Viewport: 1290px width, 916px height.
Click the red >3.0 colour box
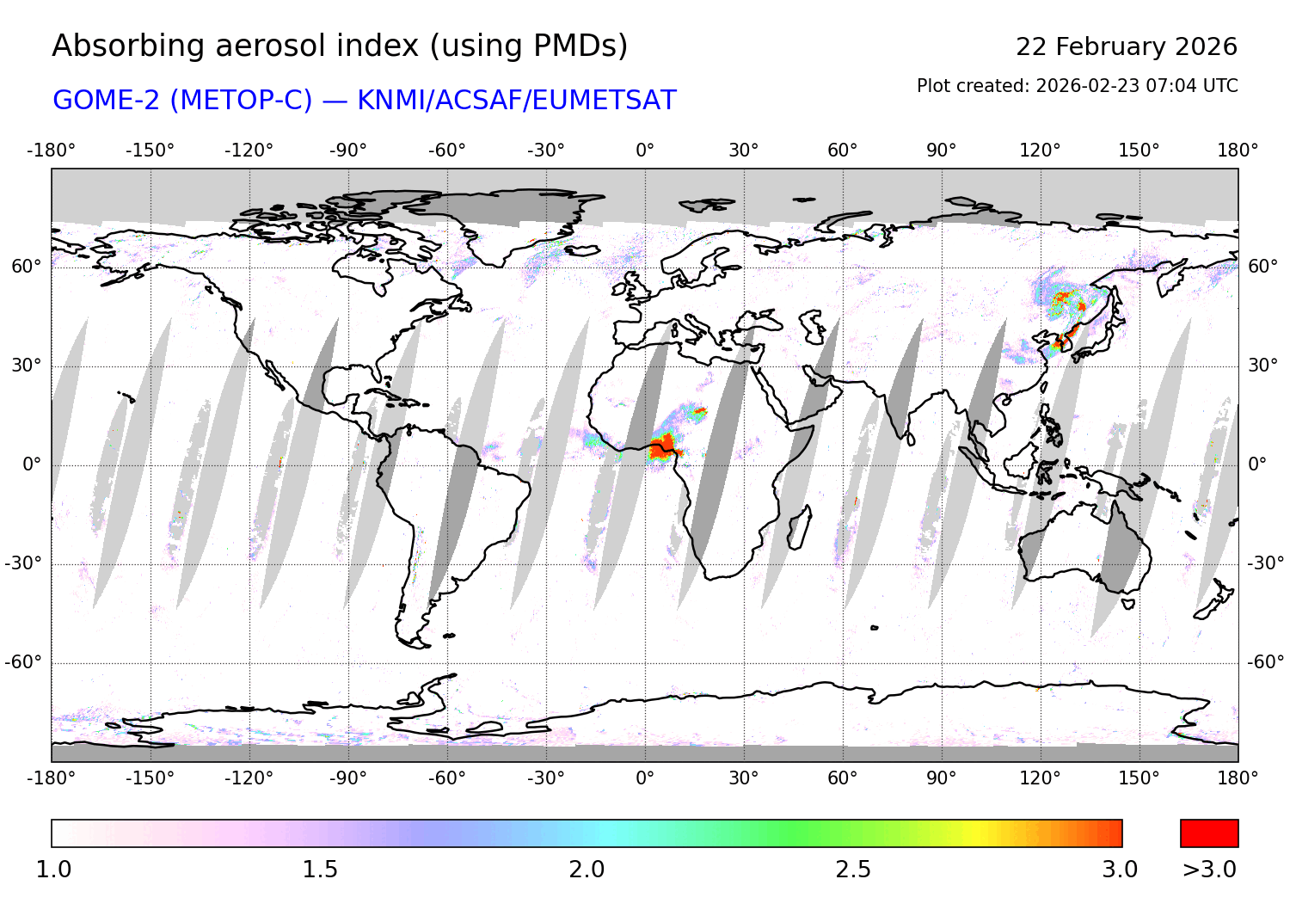1209,833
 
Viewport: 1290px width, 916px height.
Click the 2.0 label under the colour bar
587,870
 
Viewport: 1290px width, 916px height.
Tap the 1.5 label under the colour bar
320,870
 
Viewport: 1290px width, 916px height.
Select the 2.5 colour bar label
853,870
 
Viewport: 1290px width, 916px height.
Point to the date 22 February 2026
1126,46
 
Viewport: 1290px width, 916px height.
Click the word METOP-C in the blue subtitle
241,101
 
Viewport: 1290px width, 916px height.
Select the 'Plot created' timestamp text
1077,86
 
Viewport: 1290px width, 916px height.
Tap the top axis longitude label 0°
645,151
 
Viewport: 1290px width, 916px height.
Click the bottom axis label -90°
347,778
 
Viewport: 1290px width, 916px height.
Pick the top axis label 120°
1040,151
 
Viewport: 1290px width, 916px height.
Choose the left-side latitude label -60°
23,662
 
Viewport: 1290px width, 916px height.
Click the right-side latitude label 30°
1262,366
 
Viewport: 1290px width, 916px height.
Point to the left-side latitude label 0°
32,464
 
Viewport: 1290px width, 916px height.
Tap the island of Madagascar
799,526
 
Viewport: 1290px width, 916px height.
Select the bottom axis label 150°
1139,778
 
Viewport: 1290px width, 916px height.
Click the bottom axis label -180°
51,778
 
